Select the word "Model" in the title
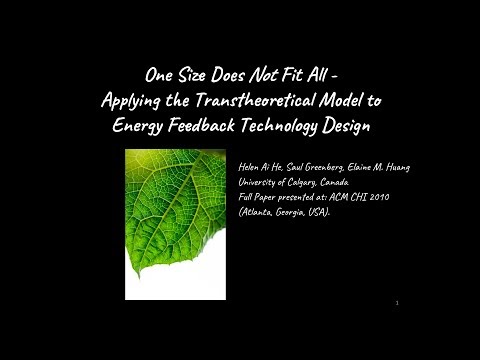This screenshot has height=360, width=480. point(353,101)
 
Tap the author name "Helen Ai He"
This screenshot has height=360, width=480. point(260,166)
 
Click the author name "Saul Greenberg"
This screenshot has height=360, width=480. point(311,166)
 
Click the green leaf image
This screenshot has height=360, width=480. point(176,205)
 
